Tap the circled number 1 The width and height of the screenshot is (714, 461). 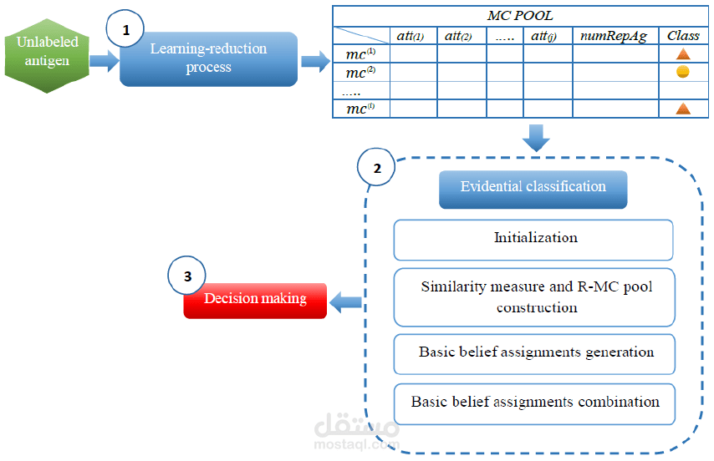pos(126,30)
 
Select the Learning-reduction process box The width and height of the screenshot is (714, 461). pos(208,59)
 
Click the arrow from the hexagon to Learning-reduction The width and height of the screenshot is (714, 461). pos(104,61)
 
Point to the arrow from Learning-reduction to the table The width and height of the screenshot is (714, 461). pos(314,61)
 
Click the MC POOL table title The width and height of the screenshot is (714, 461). pos(519,16)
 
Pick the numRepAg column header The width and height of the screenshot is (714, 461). pos(615,36)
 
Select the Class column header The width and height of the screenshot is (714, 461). pos(682,36)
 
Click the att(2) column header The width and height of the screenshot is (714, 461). pos(462,36)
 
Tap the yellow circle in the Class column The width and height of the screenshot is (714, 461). pos(682,72)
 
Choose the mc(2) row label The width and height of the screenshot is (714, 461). pos(360,73)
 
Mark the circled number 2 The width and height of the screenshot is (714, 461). pos(377,168)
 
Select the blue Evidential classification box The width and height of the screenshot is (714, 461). pos(533,187)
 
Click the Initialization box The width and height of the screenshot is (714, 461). pos(533,239)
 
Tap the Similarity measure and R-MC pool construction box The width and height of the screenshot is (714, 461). pos(533,297)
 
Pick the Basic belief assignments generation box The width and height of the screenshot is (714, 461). pos(533,352)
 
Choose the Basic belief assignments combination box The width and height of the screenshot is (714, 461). pos(533,402)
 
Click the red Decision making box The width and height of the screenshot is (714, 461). pos(255,299)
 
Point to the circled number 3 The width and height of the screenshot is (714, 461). pos(186,276)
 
